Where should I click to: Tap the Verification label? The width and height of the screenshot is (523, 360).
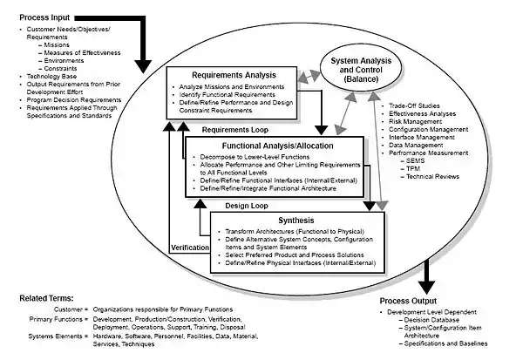click(x=189, y=247)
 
